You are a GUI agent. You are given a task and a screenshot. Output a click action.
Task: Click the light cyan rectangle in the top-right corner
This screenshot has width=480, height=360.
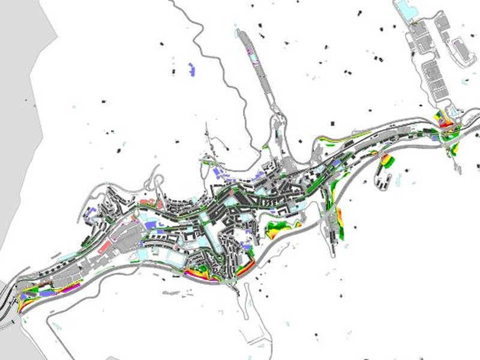pos(405,9)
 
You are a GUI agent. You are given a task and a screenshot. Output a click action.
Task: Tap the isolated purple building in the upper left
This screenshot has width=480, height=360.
pos(192,68)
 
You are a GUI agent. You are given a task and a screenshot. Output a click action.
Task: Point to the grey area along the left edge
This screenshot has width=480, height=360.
pos(18,120)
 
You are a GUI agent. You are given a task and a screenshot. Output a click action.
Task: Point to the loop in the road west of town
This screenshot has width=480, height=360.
pos(157,180)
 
